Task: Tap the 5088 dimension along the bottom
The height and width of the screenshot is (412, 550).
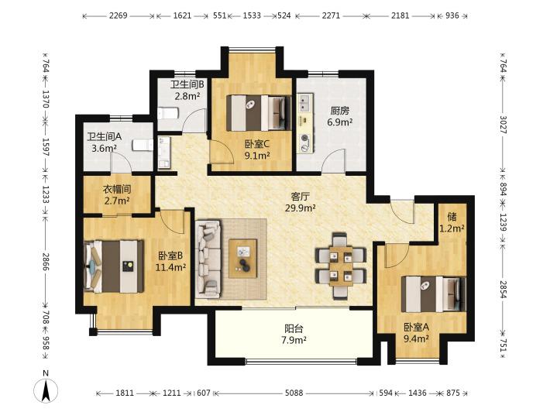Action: [x=294, y=393]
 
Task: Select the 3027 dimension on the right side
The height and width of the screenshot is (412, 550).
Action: [x=504, y=125]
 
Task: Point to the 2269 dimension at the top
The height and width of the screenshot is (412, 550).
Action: [x=118, y=15]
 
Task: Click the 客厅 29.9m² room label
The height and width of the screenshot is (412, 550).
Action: [x=301, y=202]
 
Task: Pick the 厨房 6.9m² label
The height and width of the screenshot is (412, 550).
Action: [x=340, y=116]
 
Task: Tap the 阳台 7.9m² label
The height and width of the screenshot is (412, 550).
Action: [x=294, y=334]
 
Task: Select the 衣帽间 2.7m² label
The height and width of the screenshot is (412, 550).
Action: [x=117, y=195]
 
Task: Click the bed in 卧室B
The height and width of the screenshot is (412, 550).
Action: [x=114, y=266]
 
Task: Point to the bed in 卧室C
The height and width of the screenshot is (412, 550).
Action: [x=259, y=112]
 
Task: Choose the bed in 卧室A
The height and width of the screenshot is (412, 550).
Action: [x=434, y=294]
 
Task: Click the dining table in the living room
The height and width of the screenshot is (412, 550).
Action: [x=341, y=265]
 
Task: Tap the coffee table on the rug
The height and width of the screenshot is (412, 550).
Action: [x=242, y=259]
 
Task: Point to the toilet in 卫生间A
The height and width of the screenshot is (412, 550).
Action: [x=143, y=145]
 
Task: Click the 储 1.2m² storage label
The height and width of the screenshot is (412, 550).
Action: [x=452, y=223]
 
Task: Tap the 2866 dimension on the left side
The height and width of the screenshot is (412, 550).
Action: [x=46, y=262]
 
